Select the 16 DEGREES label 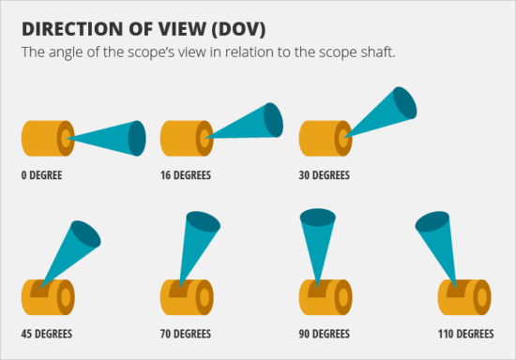(x=186, y=175)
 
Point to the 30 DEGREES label (x=324, y=175)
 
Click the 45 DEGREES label (x=47, y=334)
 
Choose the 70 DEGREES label (x=186, y=334)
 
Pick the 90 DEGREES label (x=324, y=334)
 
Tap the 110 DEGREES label (x=465, y=334)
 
